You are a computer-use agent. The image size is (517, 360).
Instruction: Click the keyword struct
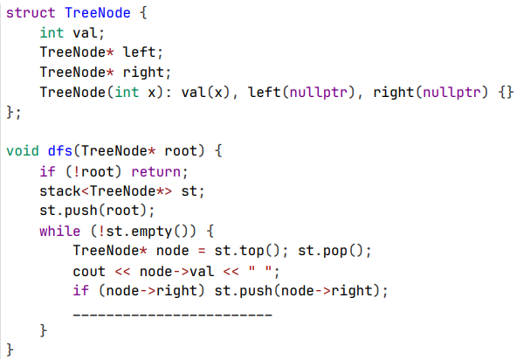pyautogui.click(x=31, y=13)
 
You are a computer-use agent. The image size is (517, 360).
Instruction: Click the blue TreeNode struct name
pyautogui.click(x=98, y=13)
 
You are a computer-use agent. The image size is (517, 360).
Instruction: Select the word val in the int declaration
pyautogui.click(x=85, y=33)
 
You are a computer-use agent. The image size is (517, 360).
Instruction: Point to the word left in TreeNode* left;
pyautogui.click(x=139, y=52)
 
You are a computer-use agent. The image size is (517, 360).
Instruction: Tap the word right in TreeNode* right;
pyautogui.click(x=143, y=73)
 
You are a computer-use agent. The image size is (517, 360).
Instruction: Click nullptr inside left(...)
pyautogui.click(x=318, y=93)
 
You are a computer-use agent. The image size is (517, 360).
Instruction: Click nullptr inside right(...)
pyautogui.click(x=452, y=93)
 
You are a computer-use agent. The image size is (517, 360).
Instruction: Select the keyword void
pyautogui.click(x=23, y=151)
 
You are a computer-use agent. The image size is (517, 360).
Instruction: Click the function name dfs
pyautogui.click(x=60, y=151)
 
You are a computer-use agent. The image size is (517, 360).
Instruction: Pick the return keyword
pyautogui.click(x=156, y=171)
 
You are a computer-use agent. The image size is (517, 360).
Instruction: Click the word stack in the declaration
pyautogui.click(x=60, y=191)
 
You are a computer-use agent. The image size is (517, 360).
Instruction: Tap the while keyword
pyautogui.click(x=59, y=231)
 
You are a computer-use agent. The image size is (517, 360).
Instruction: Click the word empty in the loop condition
pyautogui.click(x=151, y=232)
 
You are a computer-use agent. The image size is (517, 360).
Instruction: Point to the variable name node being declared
pyautogui.click(x=172, y=251)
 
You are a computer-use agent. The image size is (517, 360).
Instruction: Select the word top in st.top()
pyautogui.click(x=252, y=252)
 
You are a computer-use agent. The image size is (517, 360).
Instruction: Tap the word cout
pyautogui.click(x=89, y=272)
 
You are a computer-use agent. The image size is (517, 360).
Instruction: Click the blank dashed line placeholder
pyautogui.click(x=172, y=315)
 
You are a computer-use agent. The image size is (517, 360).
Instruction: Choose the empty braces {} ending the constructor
pyautogui.click(x=506, y=93)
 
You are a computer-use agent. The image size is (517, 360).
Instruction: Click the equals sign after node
pyautogui.click(x=202, y=251)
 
